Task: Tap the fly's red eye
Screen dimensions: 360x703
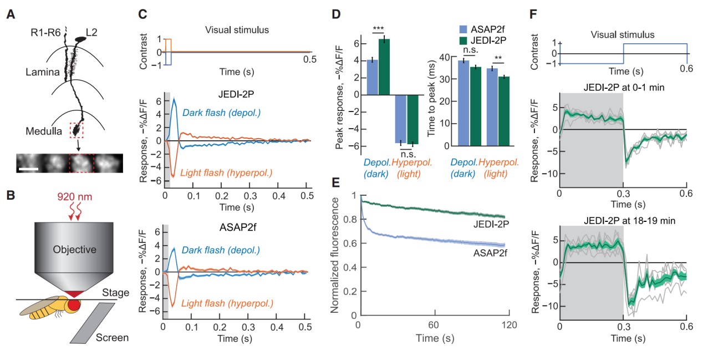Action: pyautogui.click(x=74, y=306)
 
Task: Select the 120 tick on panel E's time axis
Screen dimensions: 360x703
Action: pyautogui.click(x=508, y=324)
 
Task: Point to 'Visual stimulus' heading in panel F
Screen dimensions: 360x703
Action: pyautogui.click(x=623, y=34)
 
